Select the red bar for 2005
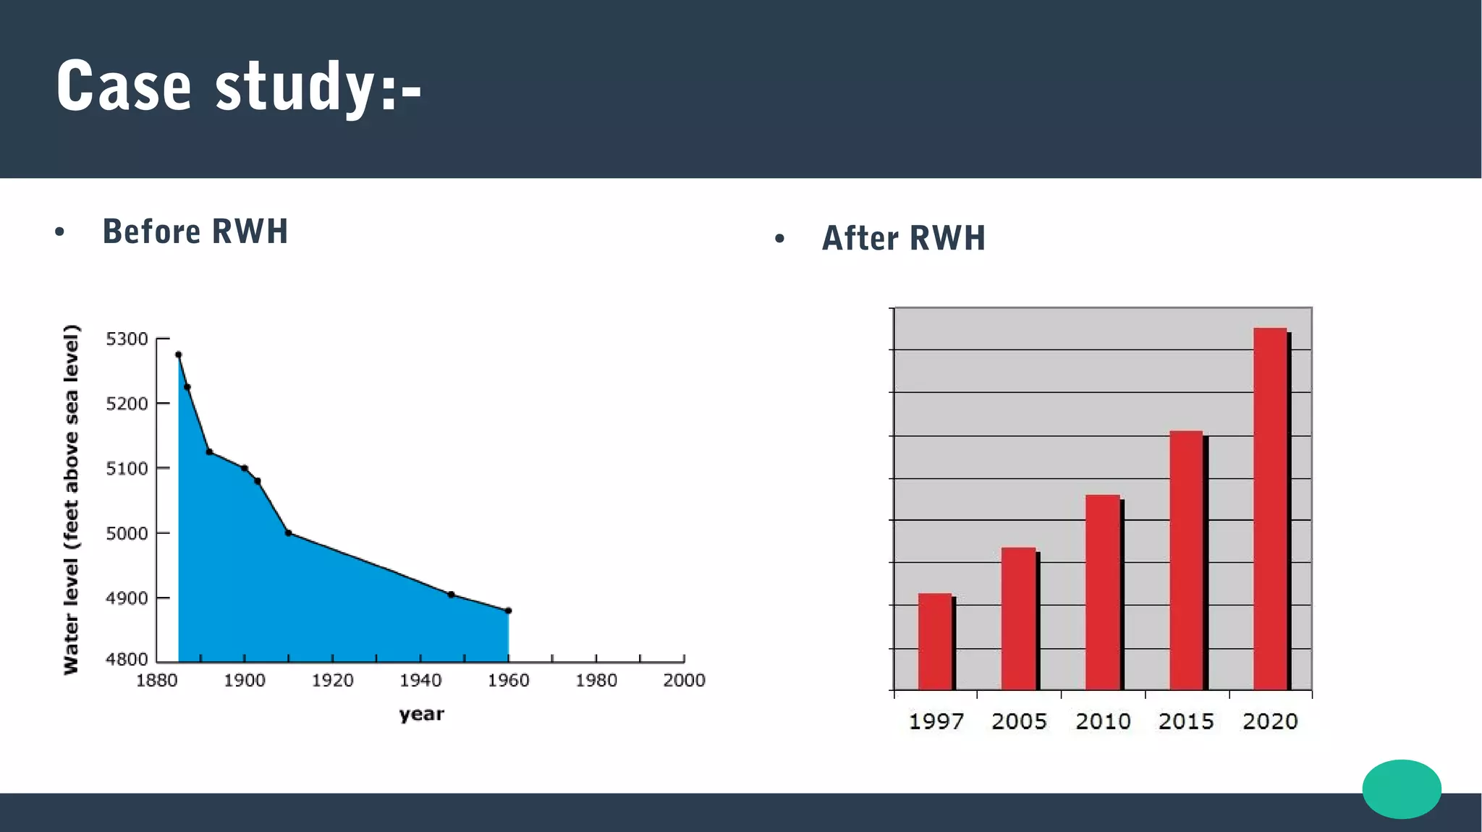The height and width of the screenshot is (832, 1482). tap(1018, 619)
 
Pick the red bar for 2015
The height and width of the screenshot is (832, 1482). tap(1186, 560)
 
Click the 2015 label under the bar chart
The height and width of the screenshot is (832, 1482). tap(1186, 721)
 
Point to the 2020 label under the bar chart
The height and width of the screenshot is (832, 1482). tap(1270, 721)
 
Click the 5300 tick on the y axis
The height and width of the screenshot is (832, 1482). tap(127, 339)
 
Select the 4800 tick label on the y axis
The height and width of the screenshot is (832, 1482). tap(127, 659)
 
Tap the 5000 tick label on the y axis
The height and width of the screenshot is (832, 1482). tap(127, 534)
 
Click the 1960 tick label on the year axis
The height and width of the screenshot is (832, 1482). tap(508, 681)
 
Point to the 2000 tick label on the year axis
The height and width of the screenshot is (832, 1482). tap(684, 681)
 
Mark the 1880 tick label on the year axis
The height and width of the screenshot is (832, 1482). tap(156, 681)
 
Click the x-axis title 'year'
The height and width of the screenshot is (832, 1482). tap(421, 715)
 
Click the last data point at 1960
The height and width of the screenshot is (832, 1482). tap(508, 611)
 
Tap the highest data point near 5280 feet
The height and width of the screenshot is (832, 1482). tap(179, 355)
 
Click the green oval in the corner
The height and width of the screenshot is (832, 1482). tap(1401, 789)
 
